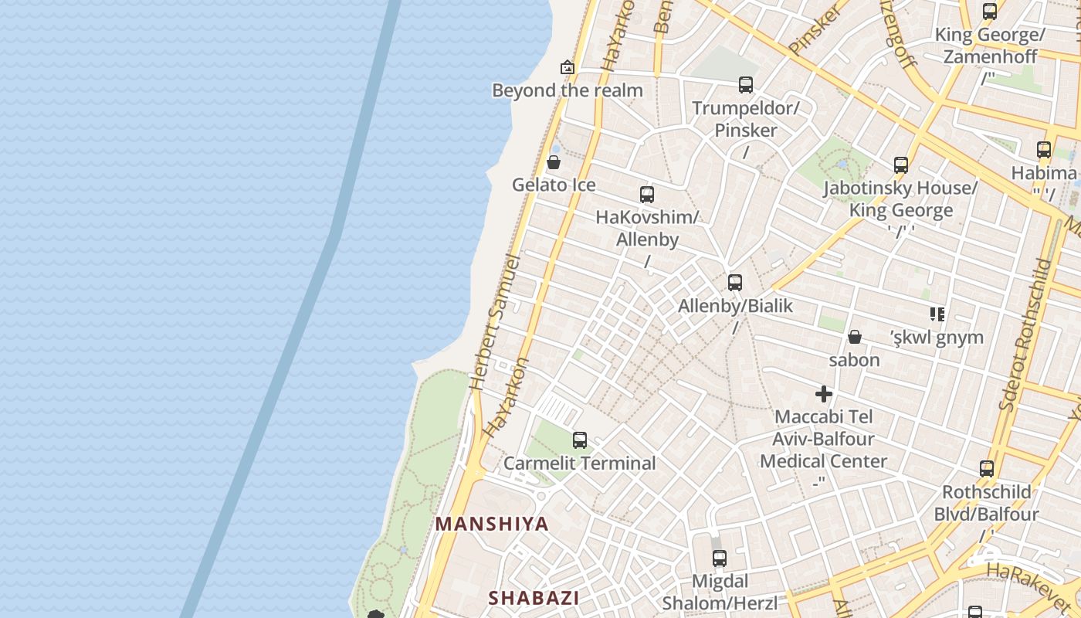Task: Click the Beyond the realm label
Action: (x=568, y=90)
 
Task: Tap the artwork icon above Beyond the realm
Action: (x=568, y=67)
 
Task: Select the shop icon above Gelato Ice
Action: (x=554, y=162)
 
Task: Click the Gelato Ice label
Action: (x=554, y=185)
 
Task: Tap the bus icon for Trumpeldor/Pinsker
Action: (x=745, y=85)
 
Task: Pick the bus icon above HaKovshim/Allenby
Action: (x=647, y=195)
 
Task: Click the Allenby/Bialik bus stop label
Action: (x=735, y=306)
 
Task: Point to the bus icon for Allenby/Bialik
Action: (x=735, y=283)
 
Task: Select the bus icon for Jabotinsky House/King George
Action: (x=901, y=165)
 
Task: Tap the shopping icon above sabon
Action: (x=855, y=337)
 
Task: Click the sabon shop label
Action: (x=855, y=360)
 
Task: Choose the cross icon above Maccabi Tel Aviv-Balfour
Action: (x=824, y=394)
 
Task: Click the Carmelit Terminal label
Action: (x=579, y=463)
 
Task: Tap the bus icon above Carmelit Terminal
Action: (x=580, y=440)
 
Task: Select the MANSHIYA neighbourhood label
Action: (x=492, y=524)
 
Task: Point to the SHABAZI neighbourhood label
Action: (x=534, y=597)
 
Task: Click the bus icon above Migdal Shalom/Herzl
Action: (x=720, y=558)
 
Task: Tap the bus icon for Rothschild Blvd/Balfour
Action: (x=987, y=469)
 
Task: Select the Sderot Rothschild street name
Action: (x=1025, y=334)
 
